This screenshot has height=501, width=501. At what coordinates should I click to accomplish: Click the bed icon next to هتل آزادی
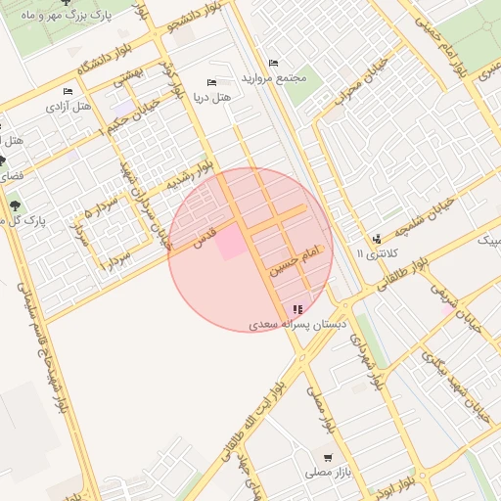(68, 92)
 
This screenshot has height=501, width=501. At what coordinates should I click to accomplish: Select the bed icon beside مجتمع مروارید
(272, 63)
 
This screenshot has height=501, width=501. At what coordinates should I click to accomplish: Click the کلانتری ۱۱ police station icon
(377, 240)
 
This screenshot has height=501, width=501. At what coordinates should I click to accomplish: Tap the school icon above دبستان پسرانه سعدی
(297, 310)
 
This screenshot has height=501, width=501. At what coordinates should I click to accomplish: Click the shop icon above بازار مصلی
(328, 458)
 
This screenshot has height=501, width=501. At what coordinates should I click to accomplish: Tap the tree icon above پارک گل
(15, 204)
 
